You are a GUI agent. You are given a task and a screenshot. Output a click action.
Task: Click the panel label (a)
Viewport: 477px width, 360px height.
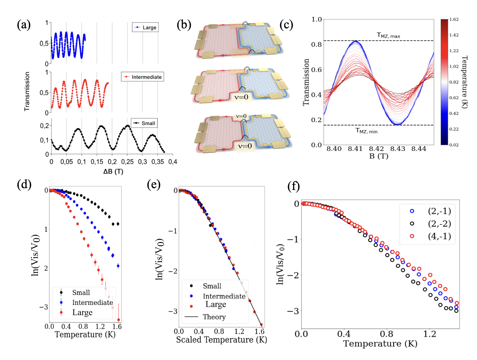click(24, 25)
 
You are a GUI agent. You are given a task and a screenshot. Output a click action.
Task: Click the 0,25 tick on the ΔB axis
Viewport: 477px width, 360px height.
click(127, 162)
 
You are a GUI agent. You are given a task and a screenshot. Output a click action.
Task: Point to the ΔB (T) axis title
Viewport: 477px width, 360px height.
click(113, 172)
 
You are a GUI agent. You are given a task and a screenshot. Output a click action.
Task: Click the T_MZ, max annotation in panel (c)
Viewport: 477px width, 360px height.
click(388, 36)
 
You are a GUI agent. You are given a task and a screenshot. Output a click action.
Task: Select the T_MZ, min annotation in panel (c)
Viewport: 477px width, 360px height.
click(366, 131)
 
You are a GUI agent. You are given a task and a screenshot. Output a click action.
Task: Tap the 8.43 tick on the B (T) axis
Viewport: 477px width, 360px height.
click(398, 149)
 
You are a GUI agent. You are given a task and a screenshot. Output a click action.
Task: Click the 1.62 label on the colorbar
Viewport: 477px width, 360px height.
click(454, 19)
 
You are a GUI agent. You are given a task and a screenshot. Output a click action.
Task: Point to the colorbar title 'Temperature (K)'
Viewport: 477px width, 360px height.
click(465, 82)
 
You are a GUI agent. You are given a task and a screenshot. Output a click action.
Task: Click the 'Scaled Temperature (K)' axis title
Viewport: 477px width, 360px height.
click(222, 340)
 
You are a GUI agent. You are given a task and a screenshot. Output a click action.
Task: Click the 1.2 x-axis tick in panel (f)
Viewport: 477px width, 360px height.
click(429, 334)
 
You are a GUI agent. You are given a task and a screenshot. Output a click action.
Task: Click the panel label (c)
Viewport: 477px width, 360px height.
click(286, 25)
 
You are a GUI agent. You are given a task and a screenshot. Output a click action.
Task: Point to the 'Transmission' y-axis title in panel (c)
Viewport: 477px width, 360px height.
click(306, 82)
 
